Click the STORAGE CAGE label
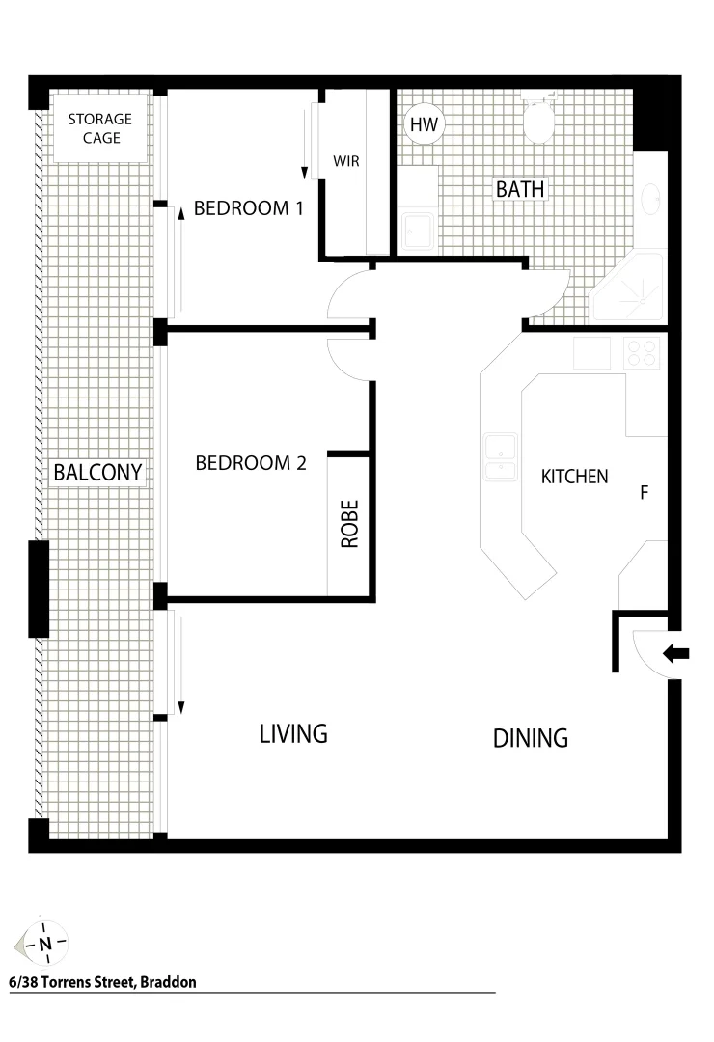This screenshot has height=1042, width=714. point(99,128)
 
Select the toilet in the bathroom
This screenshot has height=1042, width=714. point(536,118)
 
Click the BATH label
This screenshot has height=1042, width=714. point(520,189)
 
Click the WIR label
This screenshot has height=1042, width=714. point(346,161)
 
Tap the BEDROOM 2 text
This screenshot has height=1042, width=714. point(251,463)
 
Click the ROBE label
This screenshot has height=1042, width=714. point(349,524)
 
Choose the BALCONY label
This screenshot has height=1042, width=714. point(97,473)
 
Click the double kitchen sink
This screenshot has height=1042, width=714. point(500,456)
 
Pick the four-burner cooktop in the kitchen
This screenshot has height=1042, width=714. point(641,352)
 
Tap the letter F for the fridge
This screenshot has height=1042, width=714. point(644,493)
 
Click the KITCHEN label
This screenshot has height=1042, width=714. point(574,477)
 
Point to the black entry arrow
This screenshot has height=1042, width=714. point(676,654)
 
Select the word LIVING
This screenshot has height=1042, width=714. point(293,733)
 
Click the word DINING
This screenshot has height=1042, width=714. point(530,738)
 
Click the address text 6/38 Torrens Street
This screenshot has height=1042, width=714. point(102,983)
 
